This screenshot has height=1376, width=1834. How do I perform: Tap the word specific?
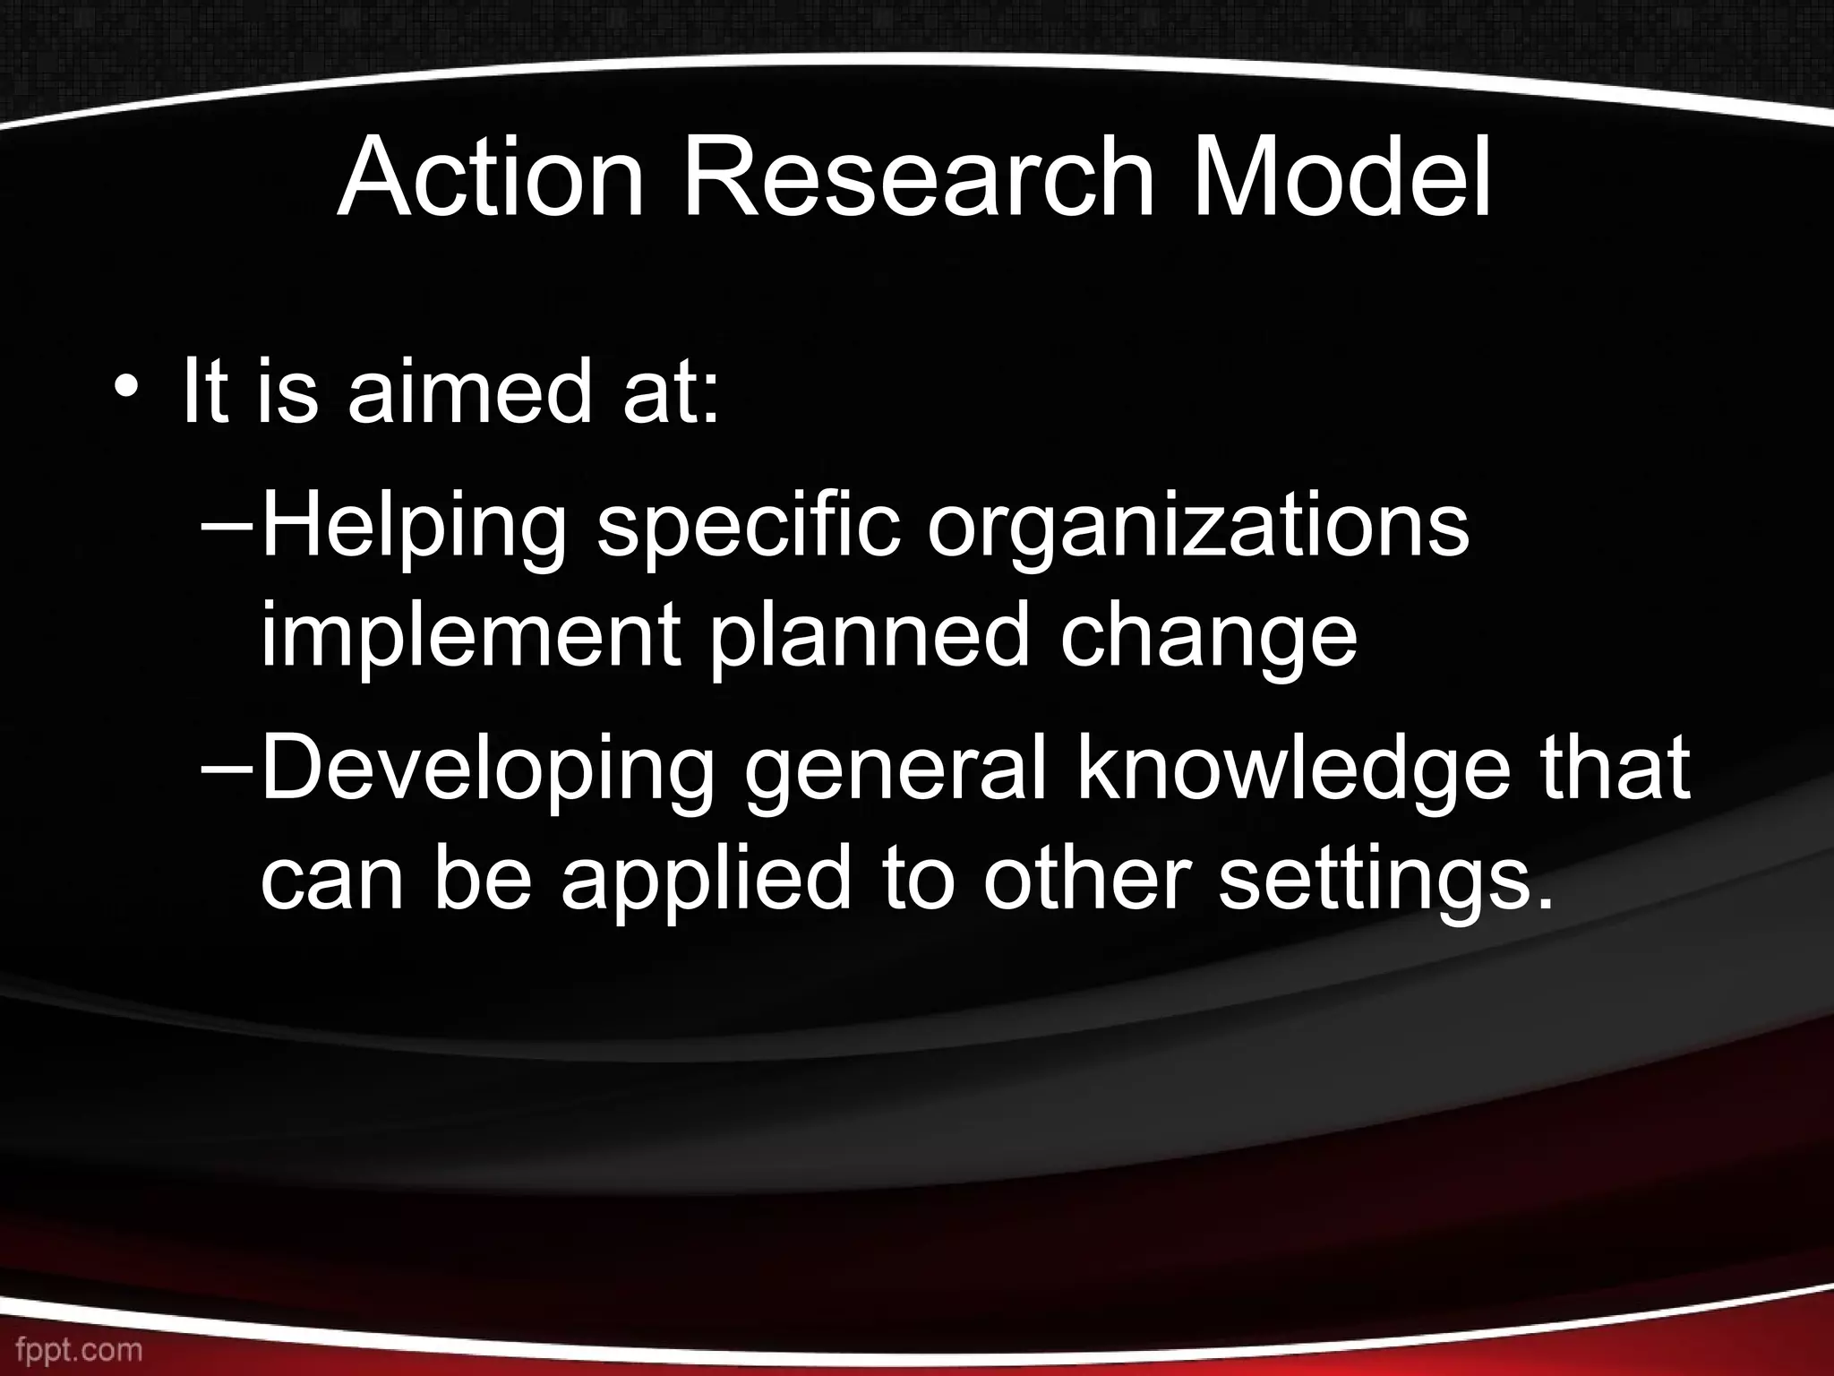tap(748, 529)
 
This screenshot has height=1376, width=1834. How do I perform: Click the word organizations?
tap(1198, 529)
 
